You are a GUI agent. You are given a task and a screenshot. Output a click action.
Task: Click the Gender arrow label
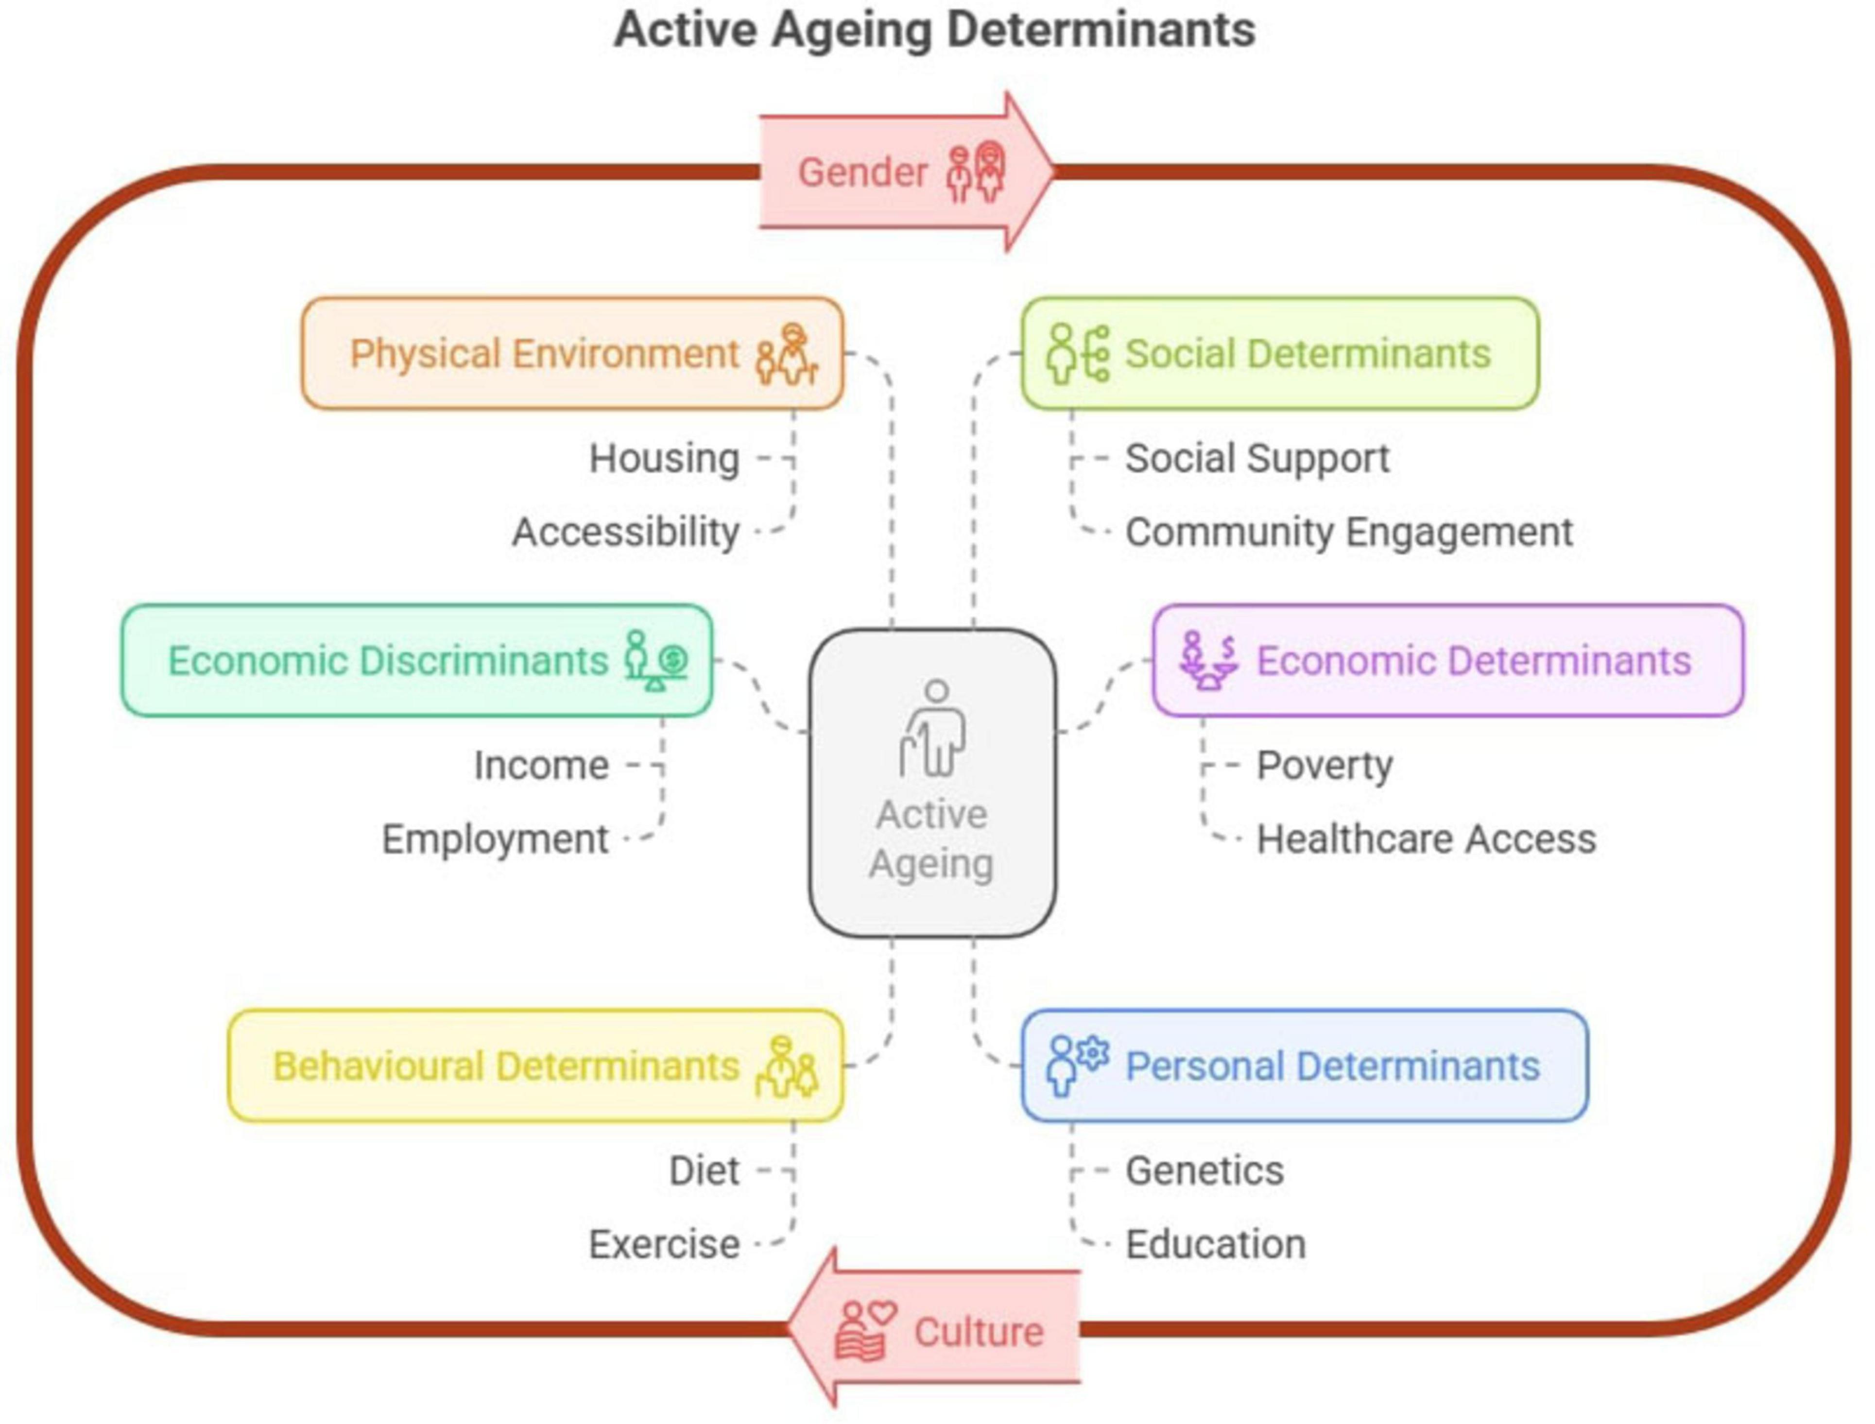(862, 172)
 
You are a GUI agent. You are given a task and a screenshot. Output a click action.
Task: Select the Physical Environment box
(572, 354)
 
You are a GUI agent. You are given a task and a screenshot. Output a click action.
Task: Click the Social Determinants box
(1280, 354)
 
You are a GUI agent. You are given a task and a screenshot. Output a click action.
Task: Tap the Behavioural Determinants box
(536, 1065)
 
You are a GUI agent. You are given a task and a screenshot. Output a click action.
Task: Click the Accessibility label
(625, 532)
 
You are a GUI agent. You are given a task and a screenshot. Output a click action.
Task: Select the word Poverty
(1324, 765)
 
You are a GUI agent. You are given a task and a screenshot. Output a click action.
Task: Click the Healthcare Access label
(1426, 839)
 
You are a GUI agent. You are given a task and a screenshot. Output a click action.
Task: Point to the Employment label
(495, 839)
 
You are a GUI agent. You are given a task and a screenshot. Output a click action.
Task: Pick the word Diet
(704, 1170)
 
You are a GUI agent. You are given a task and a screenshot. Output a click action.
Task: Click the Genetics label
(1204, 1170)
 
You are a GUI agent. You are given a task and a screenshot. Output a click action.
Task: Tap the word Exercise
(664, 1244)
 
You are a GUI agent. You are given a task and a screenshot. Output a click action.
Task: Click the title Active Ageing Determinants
(934, 31)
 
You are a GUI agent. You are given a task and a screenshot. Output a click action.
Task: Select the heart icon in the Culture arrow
(881, 1313)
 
